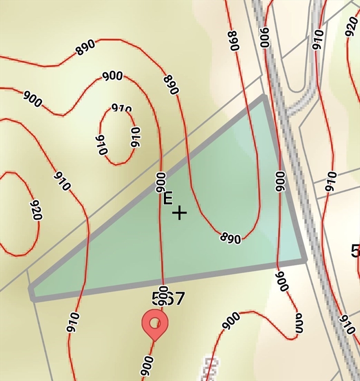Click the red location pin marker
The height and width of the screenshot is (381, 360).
pos(155,323)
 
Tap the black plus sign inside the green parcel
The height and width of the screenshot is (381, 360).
pos(179,213)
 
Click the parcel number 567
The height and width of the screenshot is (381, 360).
pos(168,299)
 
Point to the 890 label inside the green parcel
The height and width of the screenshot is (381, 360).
pos(230,238)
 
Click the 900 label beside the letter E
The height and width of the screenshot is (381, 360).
pos(161,182)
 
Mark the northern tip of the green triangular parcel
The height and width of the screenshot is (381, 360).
pos(263,97)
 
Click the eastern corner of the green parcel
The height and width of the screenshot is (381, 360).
pos(304,259)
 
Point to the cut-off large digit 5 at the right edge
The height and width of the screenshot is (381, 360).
pos(356,251)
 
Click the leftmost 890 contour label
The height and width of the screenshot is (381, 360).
pos(85,48)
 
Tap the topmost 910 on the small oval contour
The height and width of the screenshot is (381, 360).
pos(122,109)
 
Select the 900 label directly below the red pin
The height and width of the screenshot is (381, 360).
pos(147,366)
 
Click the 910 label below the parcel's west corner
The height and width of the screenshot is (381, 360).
pos(72,322)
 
